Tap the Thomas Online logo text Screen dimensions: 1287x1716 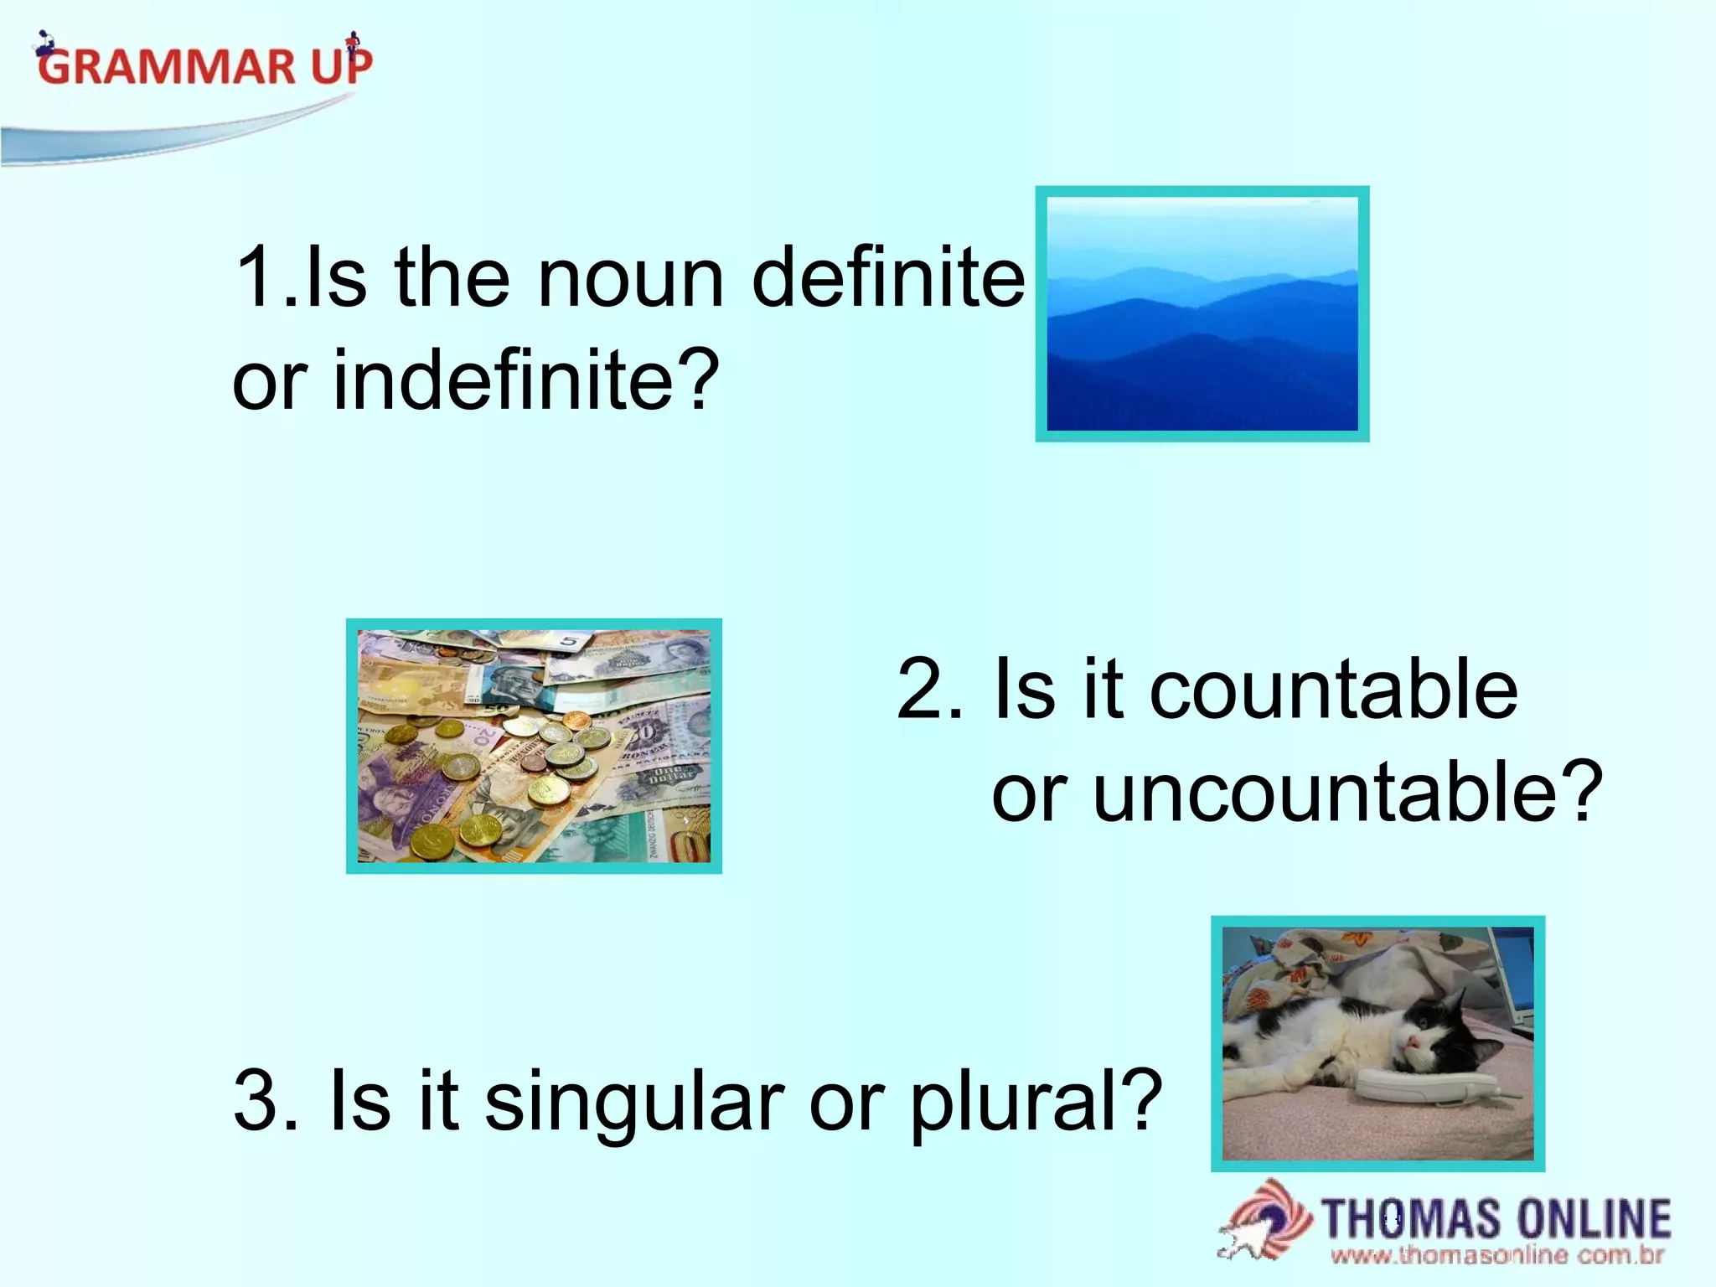coord(1496,1219)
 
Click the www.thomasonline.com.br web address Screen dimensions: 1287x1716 coord(1496,1255)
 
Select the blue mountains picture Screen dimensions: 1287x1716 coord(1202,314)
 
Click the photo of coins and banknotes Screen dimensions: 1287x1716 coord(534,746)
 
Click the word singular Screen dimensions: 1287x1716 coord(633,1099)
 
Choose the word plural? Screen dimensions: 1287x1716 coord(1036,1099)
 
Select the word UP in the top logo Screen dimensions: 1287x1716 coord(342,67)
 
